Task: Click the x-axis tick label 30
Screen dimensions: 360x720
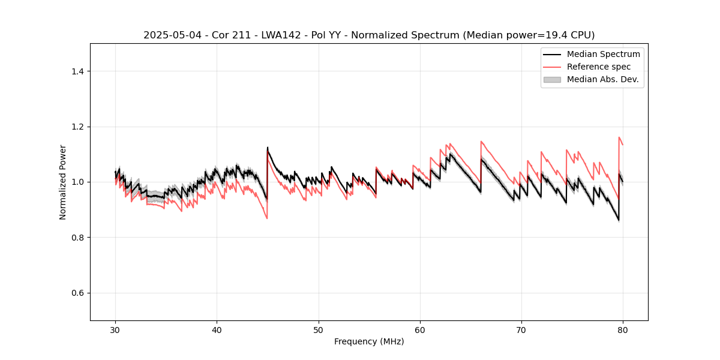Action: (x=115, y=329)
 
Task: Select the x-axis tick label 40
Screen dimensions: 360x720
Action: (x=217, y=329)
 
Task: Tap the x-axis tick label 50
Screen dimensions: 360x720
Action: (x=319, y=329)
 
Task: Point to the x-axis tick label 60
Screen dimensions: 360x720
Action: (x=420, y=329)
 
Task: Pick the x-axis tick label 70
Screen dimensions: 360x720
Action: (x=521, y=329)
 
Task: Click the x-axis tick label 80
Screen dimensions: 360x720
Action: (x=623, y=329)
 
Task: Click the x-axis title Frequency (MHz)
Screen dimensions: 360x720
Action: (x=369, y=341)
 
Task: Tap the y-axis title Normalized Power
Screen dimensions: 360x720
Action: (x=63, y=182)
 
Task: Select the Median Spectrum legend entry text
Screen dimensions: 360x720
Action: (x=603, y=54)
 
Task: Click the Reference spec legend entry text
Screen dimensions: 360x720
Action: (x=599, y=67)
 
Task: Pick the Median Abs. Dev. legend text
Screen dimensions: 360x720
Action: (x=603, y=79)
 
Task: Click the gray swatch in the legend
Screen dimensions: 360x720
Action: (x=552, y=79)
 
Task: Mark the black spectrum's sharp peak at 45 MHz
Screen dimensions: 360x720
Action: (x=268, y=148)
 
